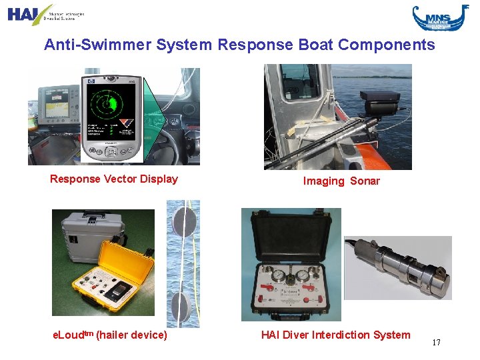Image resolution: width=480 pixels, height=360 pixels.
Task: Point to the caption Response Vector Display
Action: point(114,179)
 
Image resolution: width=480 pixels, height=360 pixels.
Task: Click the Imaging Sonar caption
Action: point(341,181)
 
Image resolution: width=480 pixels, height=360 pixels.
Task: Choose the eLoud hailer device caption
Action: point(109,335)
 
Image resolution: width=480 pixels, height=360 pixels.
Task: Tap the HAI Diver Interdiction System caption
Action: point(336,335)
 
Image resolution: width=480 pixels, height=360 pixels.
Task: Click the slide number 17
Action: point(436,343)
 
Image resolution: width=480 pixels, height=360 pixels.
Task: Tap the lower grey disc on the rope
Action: point(180,307)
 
